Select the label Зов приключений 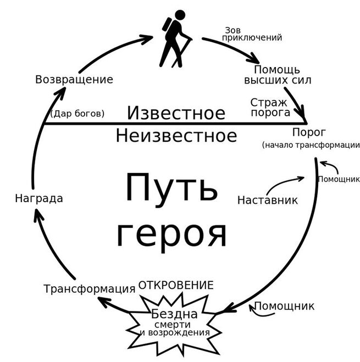point(251,34)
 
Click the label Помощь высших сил point(278,75)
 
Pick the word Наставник point(267,200)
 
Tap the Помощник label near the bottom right point(284,306)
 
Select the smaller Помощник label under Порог point(339,179)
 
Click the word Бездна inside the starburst point(174,315)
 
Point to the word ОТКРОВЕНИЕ point(175,285)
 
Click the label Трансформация point(89,289)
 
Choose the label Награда point(38,199)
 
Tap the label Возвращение point(74,80)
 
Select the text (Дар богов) point(77,114)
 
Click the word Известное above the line point(176,113)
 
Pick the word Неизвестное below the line point(176,135)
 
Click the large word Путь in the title point(171,187)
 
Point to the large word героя point(171,233)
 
